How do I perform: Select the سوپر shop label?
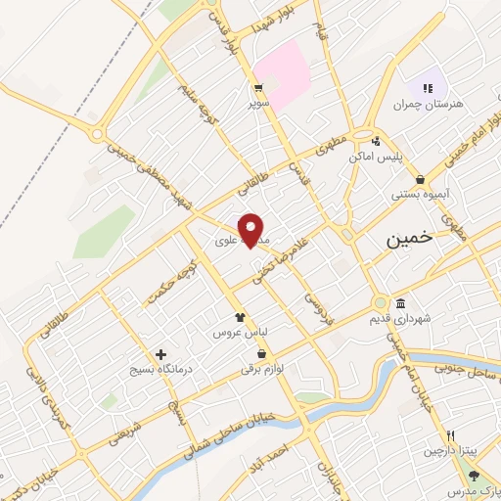coord(257,102)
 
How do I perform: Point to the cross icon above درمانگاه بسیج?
coord(160,354)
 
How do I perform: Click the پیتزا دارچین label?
coord(447,451)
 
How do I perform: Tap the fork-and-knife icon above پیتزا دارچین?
coord(450,435)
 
